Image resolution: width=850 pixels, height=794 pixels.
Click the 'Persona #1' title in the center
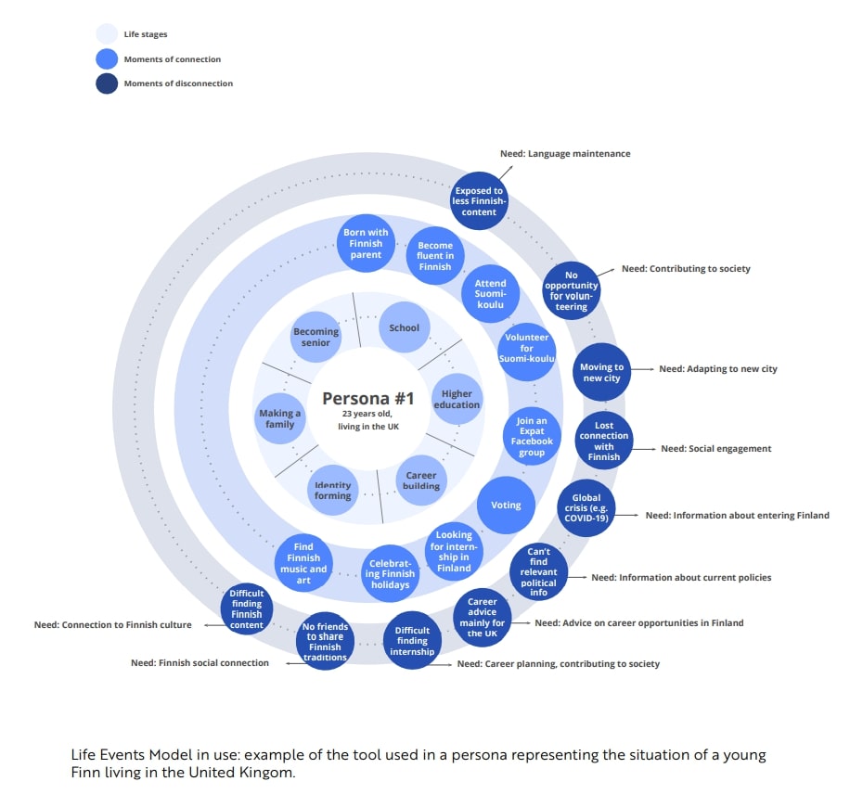point(367,399)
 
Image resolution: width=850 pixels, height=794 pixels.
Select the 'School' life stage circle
point(405,327)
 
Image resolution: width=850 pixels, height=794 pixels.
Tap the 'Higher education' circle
point(457,399)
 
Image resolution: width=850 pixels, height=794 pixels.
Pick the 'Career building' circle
point(421,480)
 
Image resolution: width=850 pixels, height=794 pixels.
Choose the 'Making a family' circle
point(280,419)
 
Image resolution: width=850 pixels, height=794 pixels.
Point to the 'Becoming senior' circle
point(316,338)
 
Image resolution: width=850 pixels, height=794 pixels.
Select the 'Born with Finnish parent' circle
point(366,244)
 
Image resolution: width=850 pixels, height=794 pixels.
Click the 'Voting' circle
point(506,506)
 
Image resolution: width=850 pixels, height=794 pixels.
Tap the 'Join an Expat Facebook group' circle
point(532,436)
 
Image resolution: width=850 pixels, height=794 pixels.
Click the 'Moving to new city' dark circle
point(601,373)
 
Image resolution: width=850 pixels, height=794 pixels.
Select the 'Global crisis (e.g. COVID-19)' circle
point(586,508)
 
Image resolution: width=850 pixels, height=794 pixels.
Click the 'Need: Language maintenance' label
point(565,154)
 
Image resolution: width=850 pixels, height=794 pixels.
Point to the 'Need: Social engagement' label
point(715,449)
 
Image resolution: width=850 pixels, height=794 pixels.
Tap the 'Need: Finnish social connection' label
point(200,663)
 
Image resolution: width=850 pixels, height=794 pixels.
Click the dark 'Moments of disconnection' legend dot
point(107,83)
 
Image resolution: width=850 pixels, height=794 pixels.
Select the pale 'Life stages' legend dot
point(107,35)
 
